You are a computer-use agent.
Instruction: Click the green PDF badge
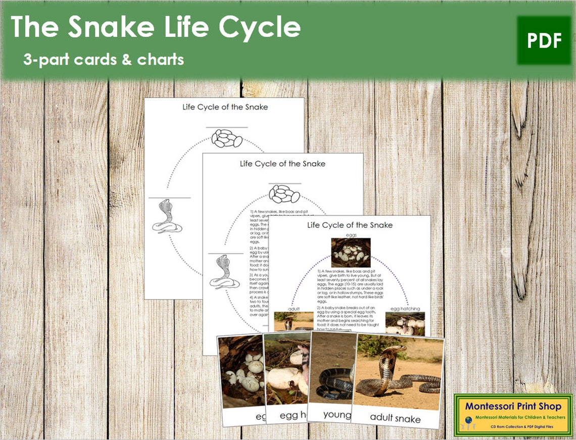[544, 40]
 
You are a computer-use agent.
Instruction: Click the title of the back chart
[224, 107]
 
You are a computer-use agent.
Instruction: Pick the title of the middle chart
[282, 163]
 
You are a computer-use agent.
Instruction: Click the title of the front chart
[350, 225]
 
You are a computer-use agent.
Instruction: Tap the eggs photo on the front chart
[350, 252]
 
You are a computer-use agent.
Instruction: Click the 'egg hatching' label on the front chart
[405, 308]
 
